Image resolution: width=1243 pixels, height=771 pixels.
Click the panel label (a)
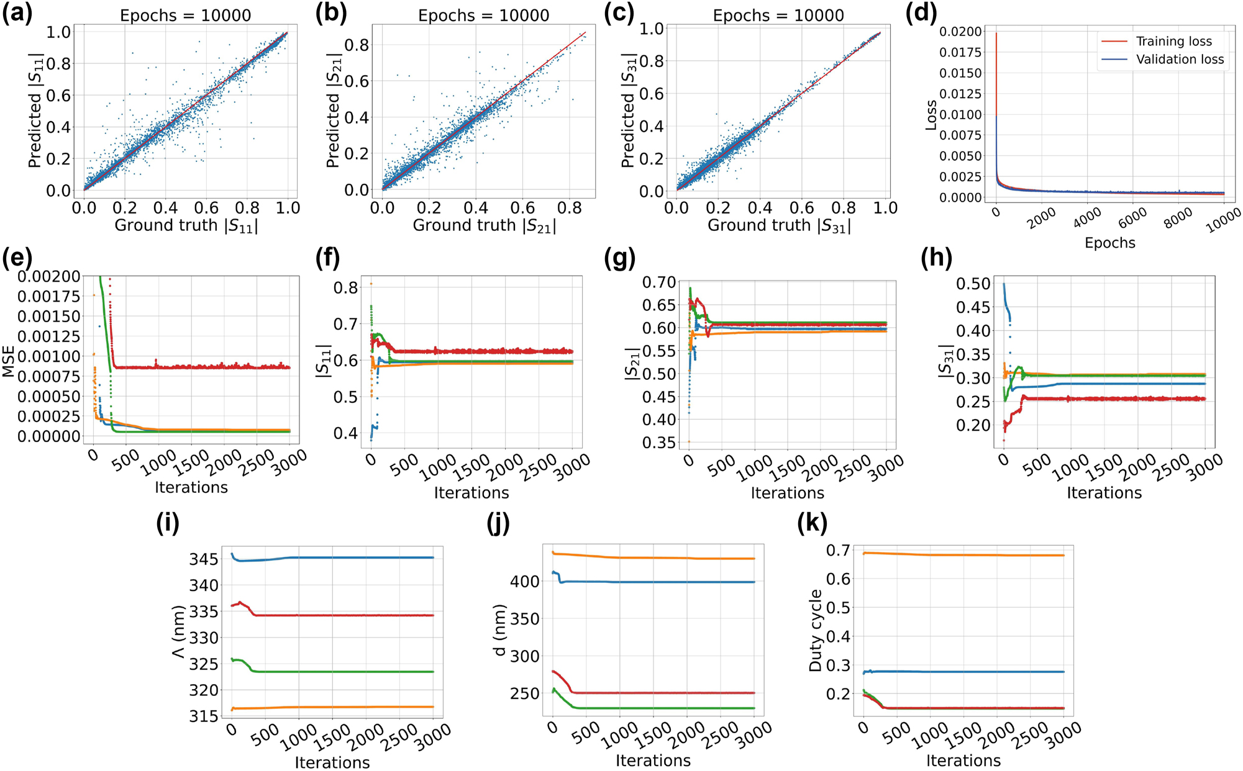[17, 13]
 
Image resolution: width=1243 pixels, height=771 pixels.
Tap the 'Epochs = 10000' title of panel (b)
[483, 16]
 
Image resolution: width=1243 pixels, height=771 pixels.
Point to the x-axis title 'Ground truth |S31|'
[779, 226]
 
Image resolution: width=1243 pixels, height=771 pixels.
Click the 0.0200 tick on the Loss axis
[960, 32]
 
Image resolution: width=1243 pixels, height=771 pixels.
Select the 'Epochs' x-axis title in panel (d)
[1109, 243]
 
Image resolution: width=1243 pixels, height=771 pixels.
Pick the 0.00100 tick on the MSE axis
[49, 356]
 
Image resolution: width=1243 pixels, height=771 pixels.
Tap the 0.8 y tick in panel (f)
[345, 287]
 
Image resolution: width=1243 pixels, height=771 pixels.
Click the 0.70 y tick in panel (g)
[658, 282]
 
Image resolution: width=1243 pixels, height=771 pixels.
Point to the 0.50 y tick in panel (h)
[973, 284]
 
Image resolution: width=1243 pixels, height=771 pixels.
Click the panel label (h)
[936, 257]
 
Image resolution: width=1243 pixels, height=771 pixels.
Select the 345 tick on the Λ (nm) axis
[204, 559]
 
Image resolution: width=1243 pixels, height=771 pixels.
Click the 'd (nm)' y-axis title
[499, 631]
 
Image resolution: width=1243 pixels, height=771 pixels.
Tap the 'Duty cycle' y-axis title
[816, 631]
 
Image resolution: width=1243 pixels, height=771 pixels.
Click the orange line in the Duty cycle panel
[963, 554]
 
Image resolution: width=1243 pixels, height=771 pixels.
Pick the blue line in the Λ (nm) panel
[360, 557]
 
